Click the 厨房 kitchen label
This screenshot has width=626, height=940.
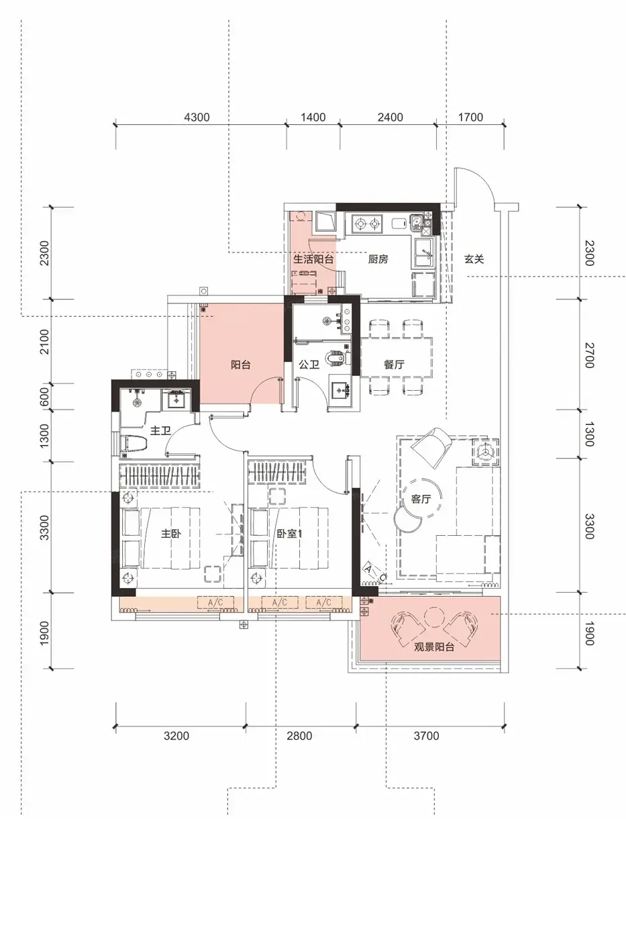378,259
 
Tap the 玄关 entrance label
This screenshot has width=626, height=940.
474,259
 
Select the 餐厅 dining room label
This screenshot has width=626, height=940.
394,364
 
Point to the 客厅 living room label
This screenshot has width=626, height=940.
421,498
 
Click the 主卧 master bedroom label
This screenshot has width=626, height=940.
171,533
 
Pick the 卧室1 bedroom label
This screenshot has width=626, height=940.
289,533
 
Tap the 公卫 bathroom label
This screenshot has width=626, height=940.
309,364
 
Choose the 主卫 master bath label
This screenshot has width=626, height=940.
160,430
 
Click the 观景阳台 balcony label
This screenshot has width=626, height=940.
434,647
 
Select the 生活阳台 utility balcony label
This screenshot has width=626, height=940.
313,259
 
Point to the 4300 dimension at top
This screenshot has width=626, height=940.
197,117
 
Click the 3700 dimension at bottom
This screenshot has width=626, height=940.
427,736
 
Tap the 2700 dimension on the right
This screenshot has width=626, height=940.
590,355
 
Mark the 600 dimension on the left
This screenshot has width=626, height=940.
44,397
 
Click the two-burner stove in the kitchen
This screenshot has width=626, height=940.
366,224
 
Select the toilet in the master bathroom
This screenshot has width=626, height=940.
134,444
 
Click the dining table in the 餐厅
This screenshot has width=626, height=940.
397,357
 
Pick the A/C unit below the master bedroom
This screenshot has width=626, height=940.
215,603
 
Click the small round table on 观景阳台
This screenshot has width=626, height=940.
434,618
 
